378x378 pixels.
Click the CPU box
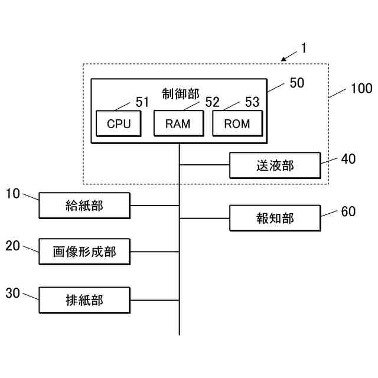point(119,124)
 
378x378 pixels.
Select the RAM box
point(178,124)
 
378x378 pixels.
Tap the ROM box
point(237,124)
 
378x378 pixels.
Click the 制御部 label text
point(180,93)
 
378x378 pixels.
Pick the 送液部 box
point(275,166)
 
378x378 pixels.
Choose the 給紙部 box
point(84,206)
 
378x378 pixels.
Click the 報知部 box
point(275,219)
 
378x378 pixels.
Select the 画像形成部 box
point(84,252)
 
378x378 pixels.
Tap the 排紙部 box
point(84,300)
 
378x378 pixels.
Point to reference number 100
point(361,89)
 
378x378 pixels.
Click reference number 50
point(296,83)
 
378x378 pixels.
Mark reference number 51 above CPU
point(142,102)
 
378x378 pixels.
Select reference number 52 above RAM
point(212,102)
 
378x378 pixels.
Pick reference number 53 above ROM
point(252,102)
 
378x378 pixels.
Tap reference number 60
point(348,211)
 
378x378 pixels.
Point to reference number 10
point(14,193)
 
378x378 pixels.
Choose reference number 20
point(13,246)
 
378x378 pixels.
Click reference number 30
point(13,293)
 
